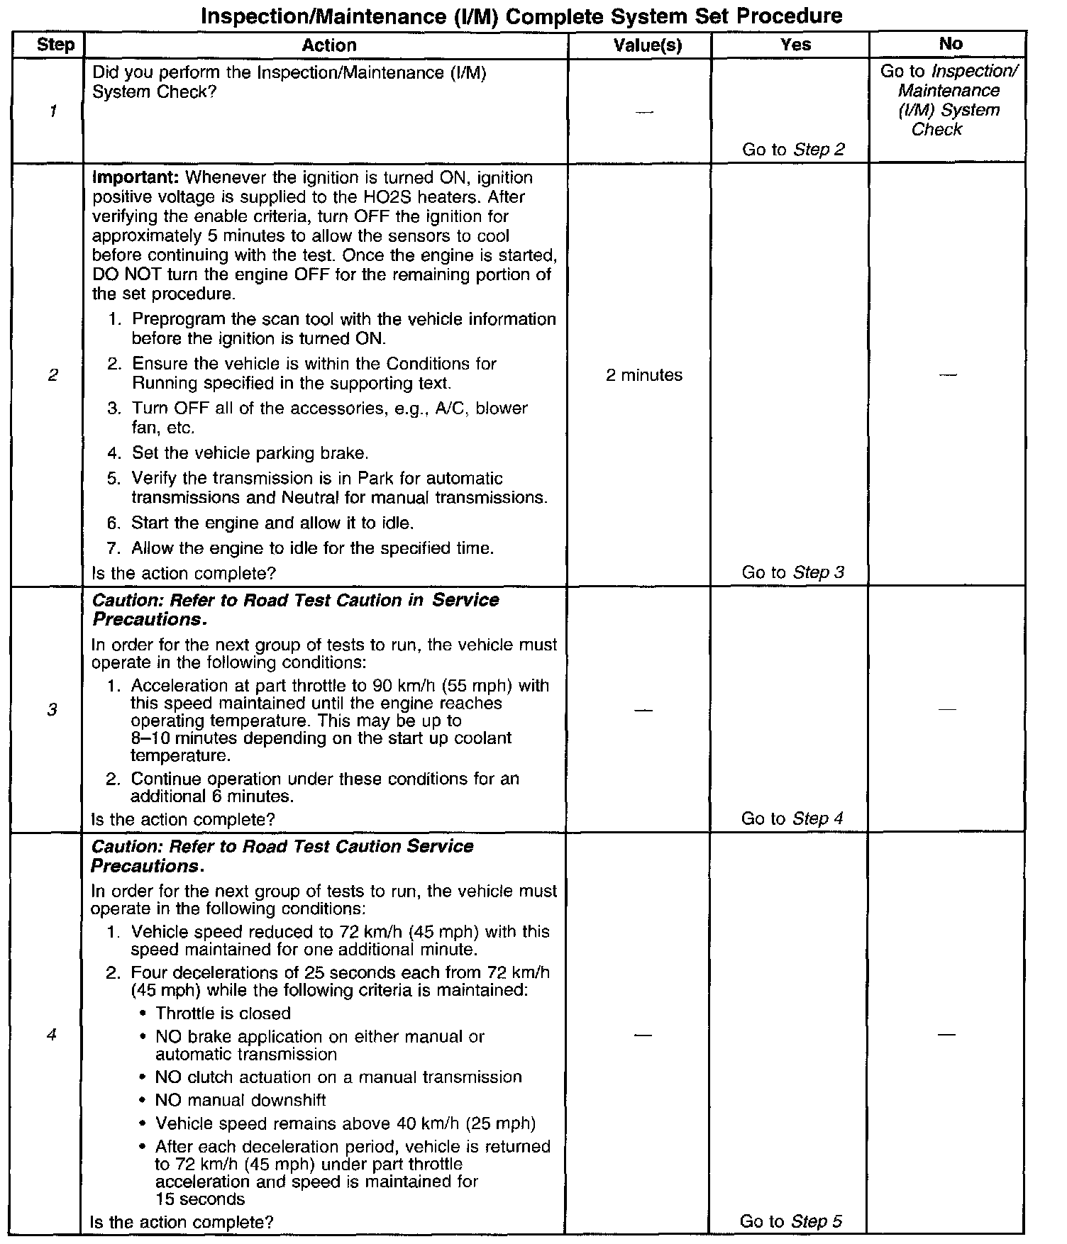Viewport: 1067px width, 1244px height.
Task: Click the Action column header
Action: tap(328, 45)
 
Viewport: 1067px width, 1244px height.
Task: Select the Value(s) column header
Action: tap(647, 45)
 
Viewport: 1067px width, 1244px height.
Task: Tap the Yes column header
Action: tap(795, 45)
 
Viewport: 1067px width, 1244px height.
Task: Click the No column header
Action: tap(950, 44)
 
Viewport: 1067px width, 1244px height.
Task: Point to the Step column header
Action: tap(55, 45)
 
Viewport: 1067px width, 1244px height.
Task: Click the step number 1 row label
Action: tap(54, 111)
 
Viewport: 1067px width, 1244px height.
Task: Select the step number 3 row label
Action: tap(52, 710)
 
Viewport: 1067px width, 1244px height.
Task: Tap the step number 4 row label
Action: tap(51, 1035)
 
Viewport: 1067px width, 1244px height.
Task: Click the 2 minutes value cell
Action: tap(644, 375)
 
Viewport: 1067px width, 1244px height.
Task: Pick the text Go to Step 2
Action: tap(793, 150)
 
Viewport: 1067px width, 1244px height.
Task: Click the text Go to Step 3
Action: tap(792, 572)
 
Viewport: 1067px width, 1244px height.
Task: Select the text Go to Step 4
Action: tap(792, 818)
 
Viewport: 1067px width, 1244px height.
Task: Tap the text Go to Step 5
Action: tap(790, 1221)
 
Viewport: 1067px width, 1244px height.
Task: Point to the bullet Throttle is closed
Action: tap(223, 1013)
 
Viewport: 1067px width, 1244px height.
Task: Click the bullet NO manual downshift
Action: tap(241, 1100)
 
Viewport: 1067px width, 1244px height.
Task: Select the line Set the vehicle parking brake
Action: tap(250, 453)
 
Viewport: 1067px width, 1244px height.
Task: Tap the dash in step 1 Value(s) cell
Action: tap(644, 112)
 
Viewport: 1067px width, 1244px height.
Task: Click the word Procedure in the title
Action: tap(791, 16)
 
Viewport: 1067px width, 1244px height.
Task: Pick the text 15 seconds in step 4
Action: tap(200, 1199)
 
